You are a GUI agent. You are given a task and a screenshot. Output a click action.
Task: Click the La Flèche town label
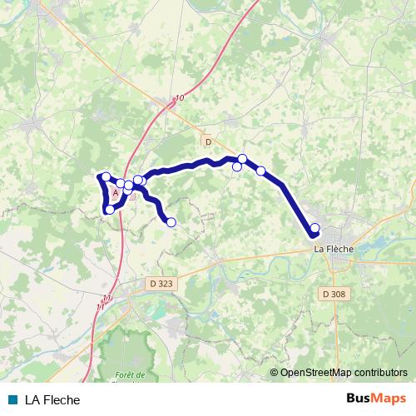click(332, 248)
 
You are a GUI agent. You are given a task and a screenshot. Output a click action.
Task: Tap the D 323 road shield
click(162, 284)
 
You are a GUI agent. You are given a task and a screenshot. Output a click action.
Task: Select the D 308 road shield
click(331, 293)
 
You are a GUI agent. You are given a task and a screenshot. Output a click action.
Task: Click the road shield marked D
click(208, 141)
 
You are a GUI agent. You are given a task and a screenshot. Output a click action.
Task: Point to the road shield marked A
click(115, 191)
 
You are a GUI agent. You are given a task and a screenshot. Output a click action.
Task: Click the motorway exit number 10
click(180, 98)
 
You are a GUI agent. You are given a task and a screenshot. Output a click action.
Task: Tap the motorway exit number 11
click(104, 300)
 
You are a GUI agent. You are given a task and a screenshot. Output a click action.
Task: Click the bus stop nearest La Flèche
click(314, 228)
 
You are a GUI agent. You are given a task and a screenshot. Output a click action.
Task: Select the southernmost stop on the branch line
click(171, 221)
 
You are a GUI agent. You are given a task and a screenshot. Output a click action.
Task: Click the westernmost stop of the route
click(105, 176)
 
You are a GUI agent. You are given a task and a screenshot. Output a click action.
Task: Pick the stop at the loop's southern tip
click(110, 210)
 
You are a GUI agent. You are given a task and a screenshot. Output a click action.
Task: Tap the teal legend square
click(12, 399)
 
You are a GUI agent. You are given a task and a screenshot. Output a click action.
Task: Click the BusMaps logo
click(375, 399)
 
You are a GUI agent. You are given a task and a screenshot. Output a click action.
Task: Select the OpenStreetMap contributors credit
click(344, 373)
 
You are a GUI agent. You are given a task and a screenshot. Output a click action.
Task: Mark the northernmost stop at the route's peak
click(243, 158)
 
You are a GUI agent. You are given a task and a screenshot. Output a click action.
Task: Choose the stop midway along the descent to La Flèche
click(261, 171)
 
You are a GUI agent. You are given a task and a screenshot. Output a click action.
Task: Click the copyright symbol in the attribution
click(275, 373)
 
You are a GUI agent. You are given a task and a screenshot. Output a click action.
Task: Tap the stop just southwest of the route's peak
click(237, 166)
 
